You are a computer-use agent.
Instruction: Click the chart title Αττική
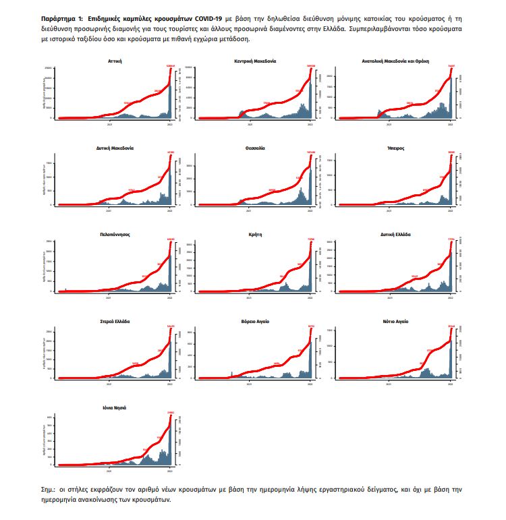click(x=114, y=61)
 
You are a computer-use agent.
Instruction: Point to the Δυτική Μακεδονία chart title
click(x=114, y=147)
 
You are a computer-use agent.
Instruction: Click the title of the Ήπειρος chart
click(x=396, y=147)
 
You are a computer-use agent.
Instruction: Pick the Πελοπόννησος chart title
click(x=114, y=234)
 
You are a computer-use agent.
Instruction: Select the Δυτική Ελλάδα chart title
click(x=395, y=234)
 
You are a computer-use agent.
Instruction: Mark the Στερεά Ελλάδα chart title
click(x=114, y=321)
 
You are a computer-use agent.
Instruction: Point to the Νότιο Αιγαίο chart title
click(x=395, y=321)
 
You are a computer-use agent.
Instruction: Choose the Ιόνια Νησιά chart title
click(x=114, y=408)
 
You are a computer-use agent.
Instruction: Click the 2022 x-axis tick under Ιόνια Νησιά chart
click(x=168, y=469)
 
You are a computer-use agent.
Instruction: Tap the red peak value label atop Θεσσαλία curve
click(x=310, y=152)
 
